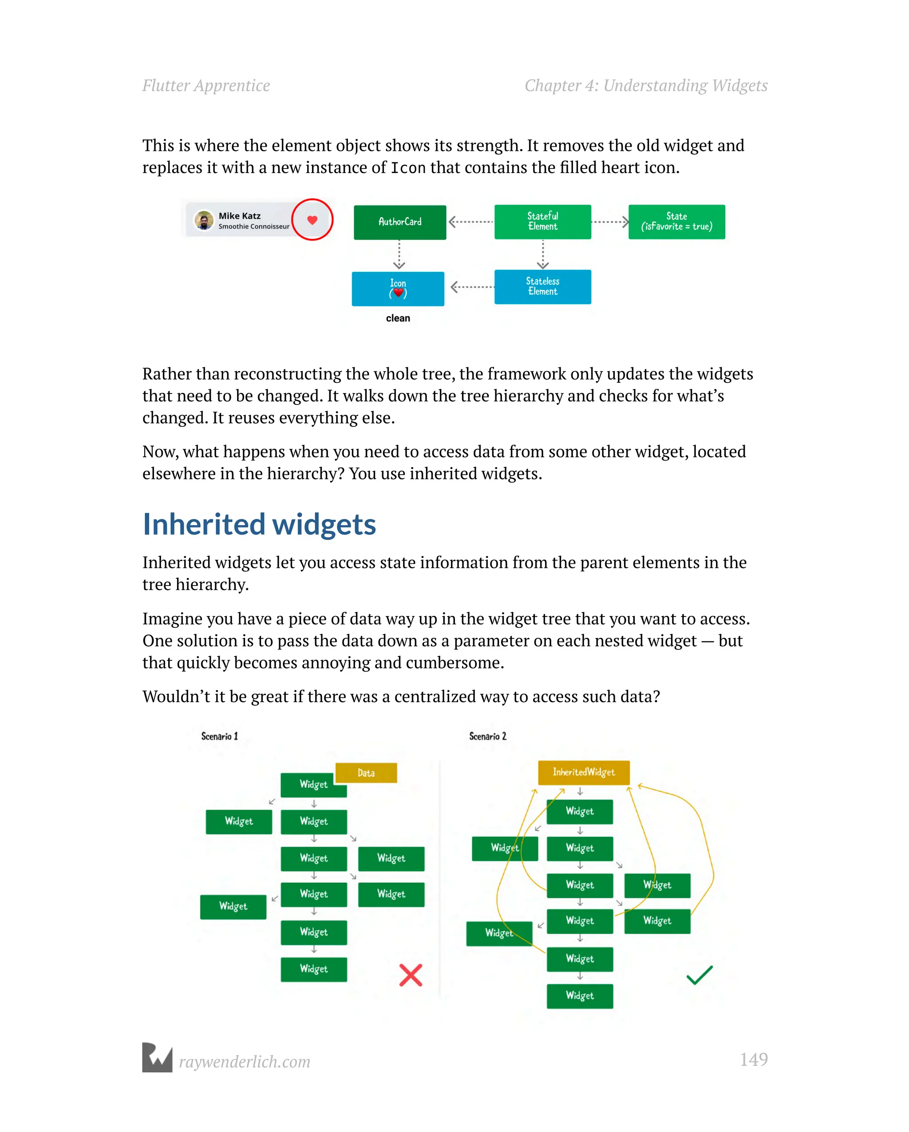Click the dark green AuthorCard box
point(400,222)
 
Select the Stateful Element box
point(542,222)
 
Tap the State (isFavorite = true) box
point(676,222)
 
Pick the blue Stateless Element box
point(542,287)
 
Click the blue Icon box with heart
point(398,289)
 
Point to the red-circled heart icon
point(312,220)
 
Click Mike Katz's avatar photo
point(203,220)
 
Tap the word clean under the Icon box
point(398,318)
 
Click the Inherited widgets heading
point(259,524)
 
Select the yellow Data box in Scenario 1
point(366,773)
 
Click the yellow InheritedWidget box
point(583,772)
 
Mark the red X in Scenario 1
point(411,975)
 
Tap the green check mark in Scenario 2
point(700,975)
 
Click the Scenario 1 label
point(220,736)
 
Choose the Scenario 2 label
point(488,736)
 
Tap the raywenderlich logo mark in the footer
point(157,1057)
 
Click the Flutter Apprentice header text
point(206,86)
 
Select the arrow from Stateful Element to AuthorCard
point(470,222)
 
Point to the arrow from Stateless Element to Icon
point(472,287)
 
